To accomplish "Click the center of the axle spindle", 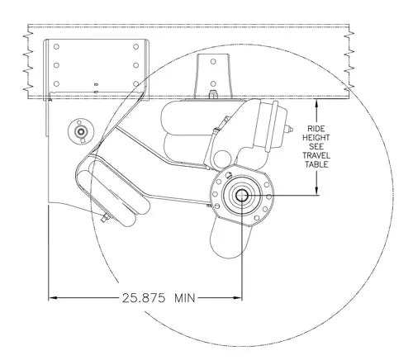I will coord(242,195).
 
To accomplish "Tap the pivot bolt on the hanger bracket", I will coord(81,131).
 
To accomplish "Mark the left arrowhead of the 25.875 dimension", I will coord(54,296).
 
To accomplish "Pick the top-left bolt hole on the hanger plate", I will coord(56,47).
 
